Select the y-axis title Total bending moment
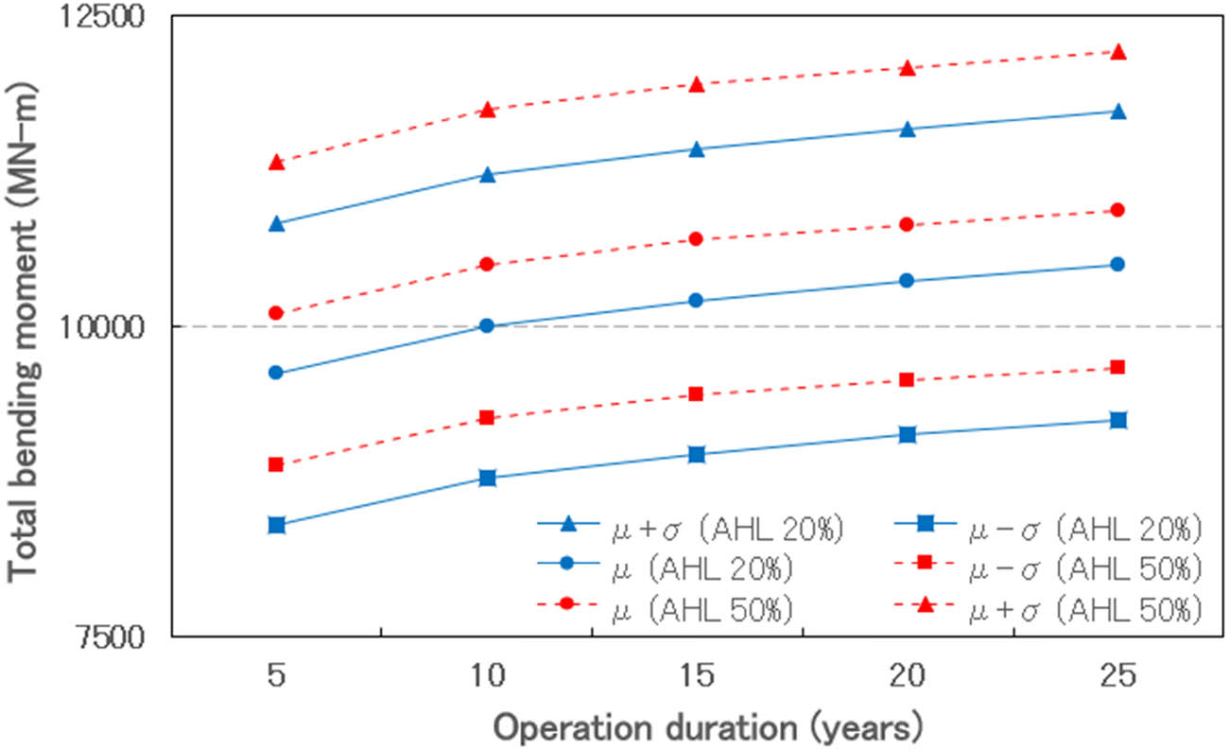coord(26,326)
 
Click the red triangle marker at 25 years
coord(1117,52)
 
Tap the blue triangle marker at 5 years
coord(276,223)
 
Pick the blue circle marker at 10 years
coord(487,325)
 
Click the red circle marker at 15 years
coord(697,239)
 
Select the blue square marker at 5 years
coord(276,525)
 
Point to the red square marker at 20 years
coord(907,379)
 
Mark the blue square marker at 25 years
coord(1117,420)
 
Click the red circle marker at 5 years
coord(276,313)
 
